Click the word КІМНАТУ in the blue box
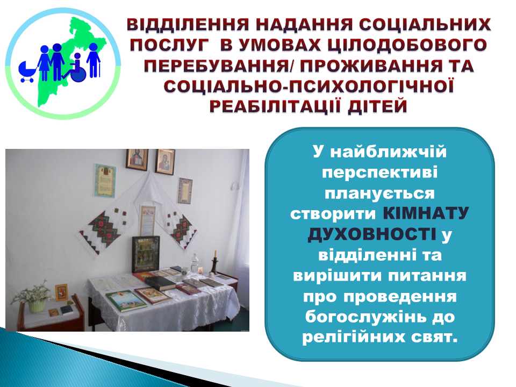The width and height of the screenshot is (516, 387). click(x=426, y=214)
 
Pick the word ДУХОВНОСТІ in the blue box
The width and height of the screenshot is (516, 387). click(x=371, y=234)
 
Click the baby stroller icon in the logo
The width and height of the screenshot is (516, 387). click(x=27, y=71)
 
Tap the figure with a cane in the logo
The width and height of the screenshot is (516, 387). click(x=94, y=61)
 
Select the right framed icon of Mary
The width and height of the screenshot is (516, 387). click(x=165, y=161)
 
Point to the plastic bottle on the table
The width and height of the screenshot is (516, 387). click(x=195, y=263)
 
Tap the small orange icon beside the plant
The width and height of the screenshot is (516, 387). click(x=61, y=292)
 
